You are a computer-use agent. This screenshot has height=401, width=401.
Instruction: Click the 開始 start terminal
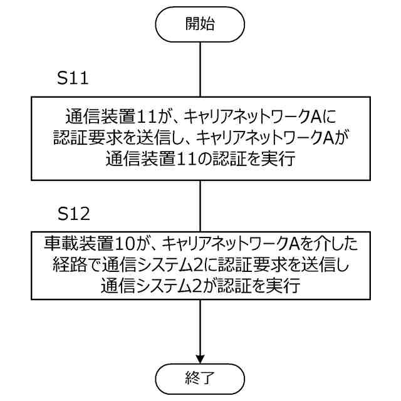(x=200, y=25)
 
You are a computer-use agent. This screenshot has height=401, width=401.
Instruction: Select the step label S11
(x=73, y=80)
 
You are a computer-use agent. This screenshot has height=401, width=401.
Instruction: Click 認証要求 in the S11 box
(x=91, y=138)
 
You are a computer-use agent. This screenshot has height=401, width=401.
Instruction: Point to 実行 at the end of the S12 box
(x=284, y=288)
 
